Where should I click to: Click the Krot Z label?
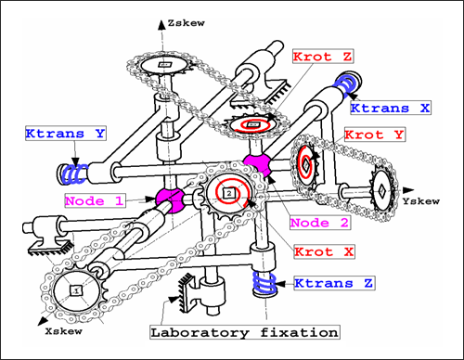pyautogui.click(x=323, y=57)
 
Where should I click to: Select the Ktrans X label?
pyautogui.click(x=391, y=108)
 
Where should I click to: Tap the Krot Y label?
pyautogui.click(x=374, y=135)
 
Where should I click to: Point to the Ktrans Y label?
pyautogui.click(x=66, y=134)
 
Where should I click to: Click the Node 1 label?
pyautogui.click(x=95, y=200)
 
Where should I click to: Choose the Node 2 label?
pyautogui.click(x=319, y=223)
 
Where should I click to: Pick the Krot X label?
pyautogui.click(x=324, y=251)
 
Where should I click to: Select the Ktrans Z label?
pyautogui.click(x=334, y=283)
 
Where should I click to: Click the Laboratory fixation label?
pyautogui.click(x=245, y=332)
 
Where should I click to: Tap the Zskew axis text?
pyautogui.click(x=186, y=23)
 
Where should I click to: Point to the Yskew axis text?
pyautogui.click(x=421, y=201)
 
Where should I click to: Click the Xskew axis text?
pyautogui.click(x=64, y=331)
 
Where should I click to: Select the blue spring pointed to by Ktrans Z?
pyautogui.click(x=264, y=283)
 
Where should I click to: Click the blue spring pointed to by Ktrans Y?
pyautogui.click(x=75, y=174)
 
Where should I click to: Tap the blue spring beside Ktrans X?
pyautogui.click(x=347, y=84)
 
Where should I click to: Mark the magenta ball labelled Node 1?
pyautogui.click(x=170, y=199)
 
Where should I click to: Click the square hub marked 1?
pyautogui.click(x=76, y=290)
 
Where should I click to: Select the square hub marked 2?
pyautogui.click(x=229, y=194)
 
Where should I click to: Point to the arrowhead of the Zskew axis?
pyautogui.click(x=161, y=25)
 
